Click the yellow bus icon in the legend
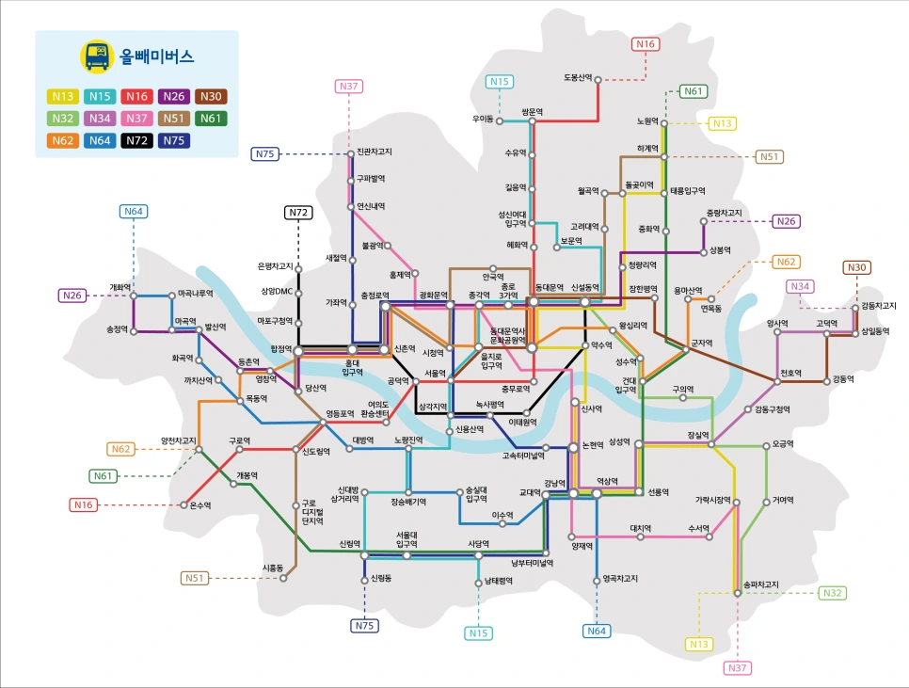pos(95,56)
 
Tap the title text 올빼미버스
pos(156,56)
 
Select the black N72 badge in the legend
pos(137,140)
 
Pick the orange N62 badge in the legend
pos(63,140)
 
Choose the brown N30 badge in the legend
pos(212,96)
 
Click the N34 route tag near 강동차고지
pos(801,286)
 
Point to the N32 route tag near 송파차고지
pos(831,593)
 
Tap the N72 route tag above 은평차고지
pos(298,213)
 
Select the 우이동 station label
pos(483,120)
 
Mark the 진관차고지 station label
pos(375,152)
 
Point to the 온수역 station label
pos(199,505)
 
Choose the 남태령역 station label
pos(496,581)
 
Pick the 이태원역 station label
pos(522,422)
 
